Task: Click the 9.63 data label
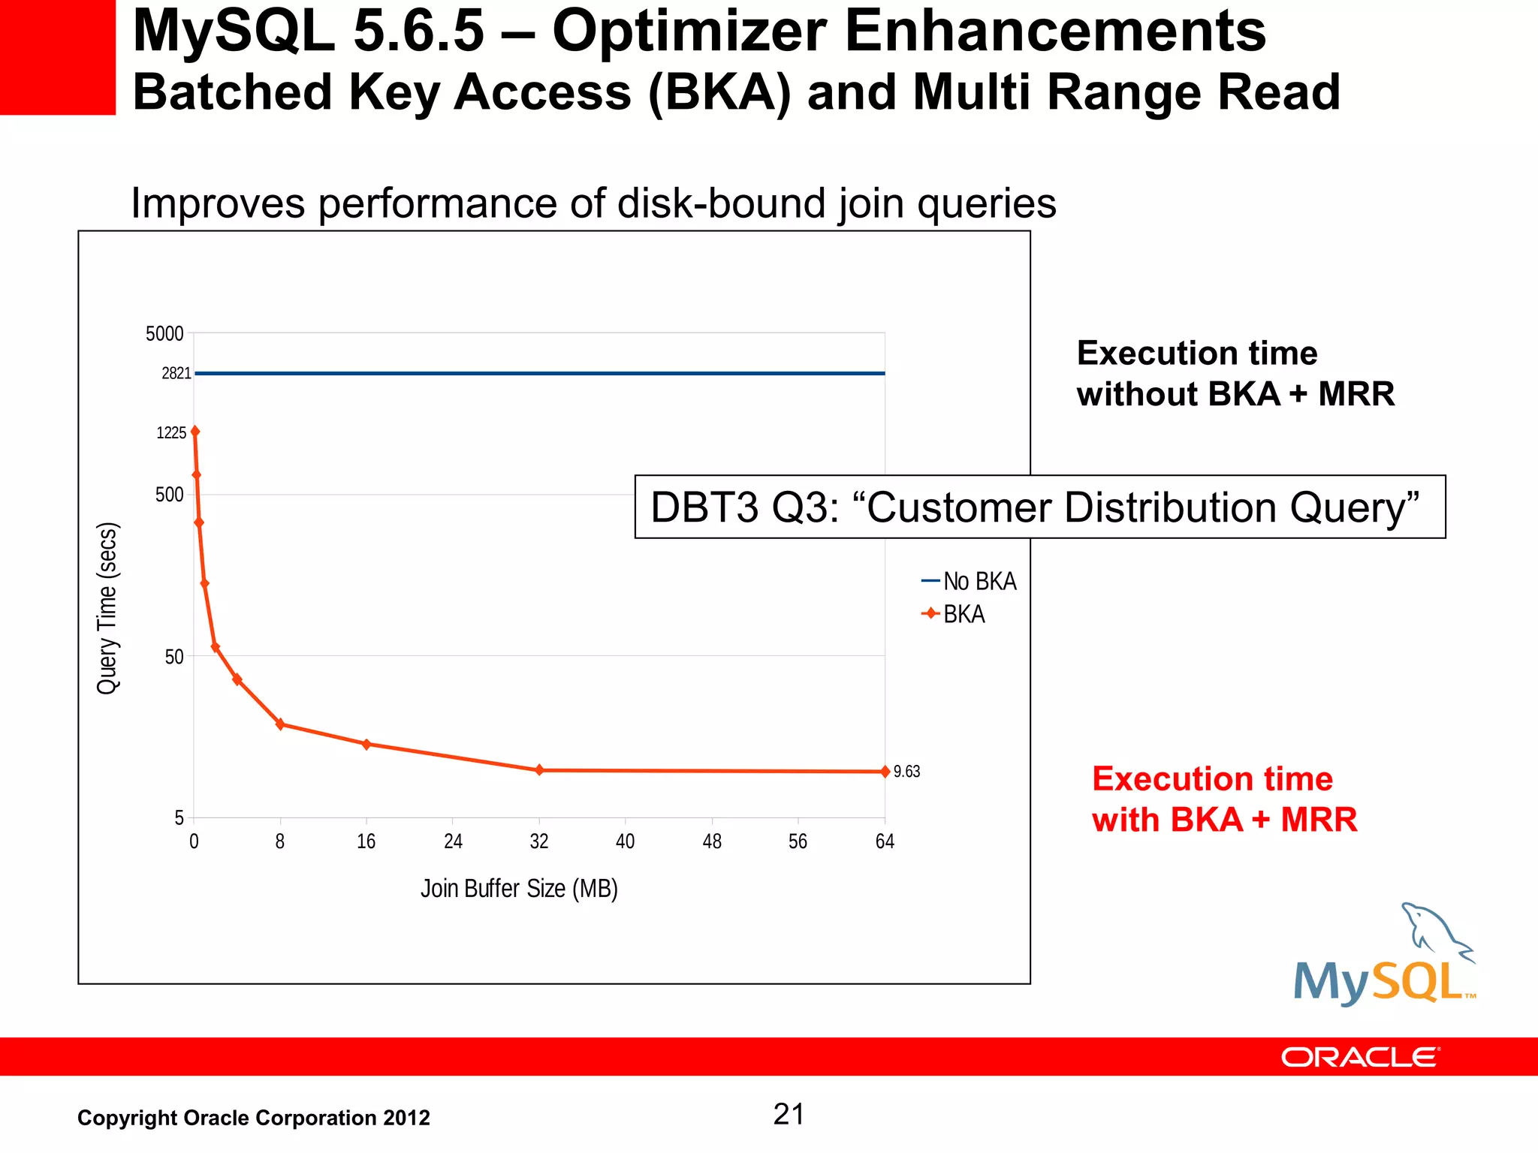906,772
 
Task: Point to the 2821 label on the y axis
176,374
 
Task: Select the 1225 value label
171,433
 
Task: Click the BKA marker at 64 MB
885,772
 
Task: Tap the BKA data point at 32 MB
539,770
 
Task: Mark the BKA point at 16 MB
366,745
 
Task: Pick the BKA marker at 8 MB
280,724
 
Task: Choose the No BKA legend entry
969,582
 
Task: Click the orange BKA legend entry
954,615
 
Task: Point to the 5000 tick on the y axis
164,334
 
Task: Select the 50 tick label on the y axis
173,657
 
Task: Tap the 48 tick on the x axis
712,841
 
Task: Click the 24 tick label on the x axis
453,841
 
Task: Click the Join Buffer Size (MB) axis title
519,889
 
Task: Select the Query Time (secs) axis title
108,608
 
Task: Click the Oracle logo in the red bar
1359,1058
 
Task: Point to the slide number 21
789,1115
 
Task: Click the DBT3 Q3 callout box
1039,507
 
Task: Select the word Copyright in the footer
127,1118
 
